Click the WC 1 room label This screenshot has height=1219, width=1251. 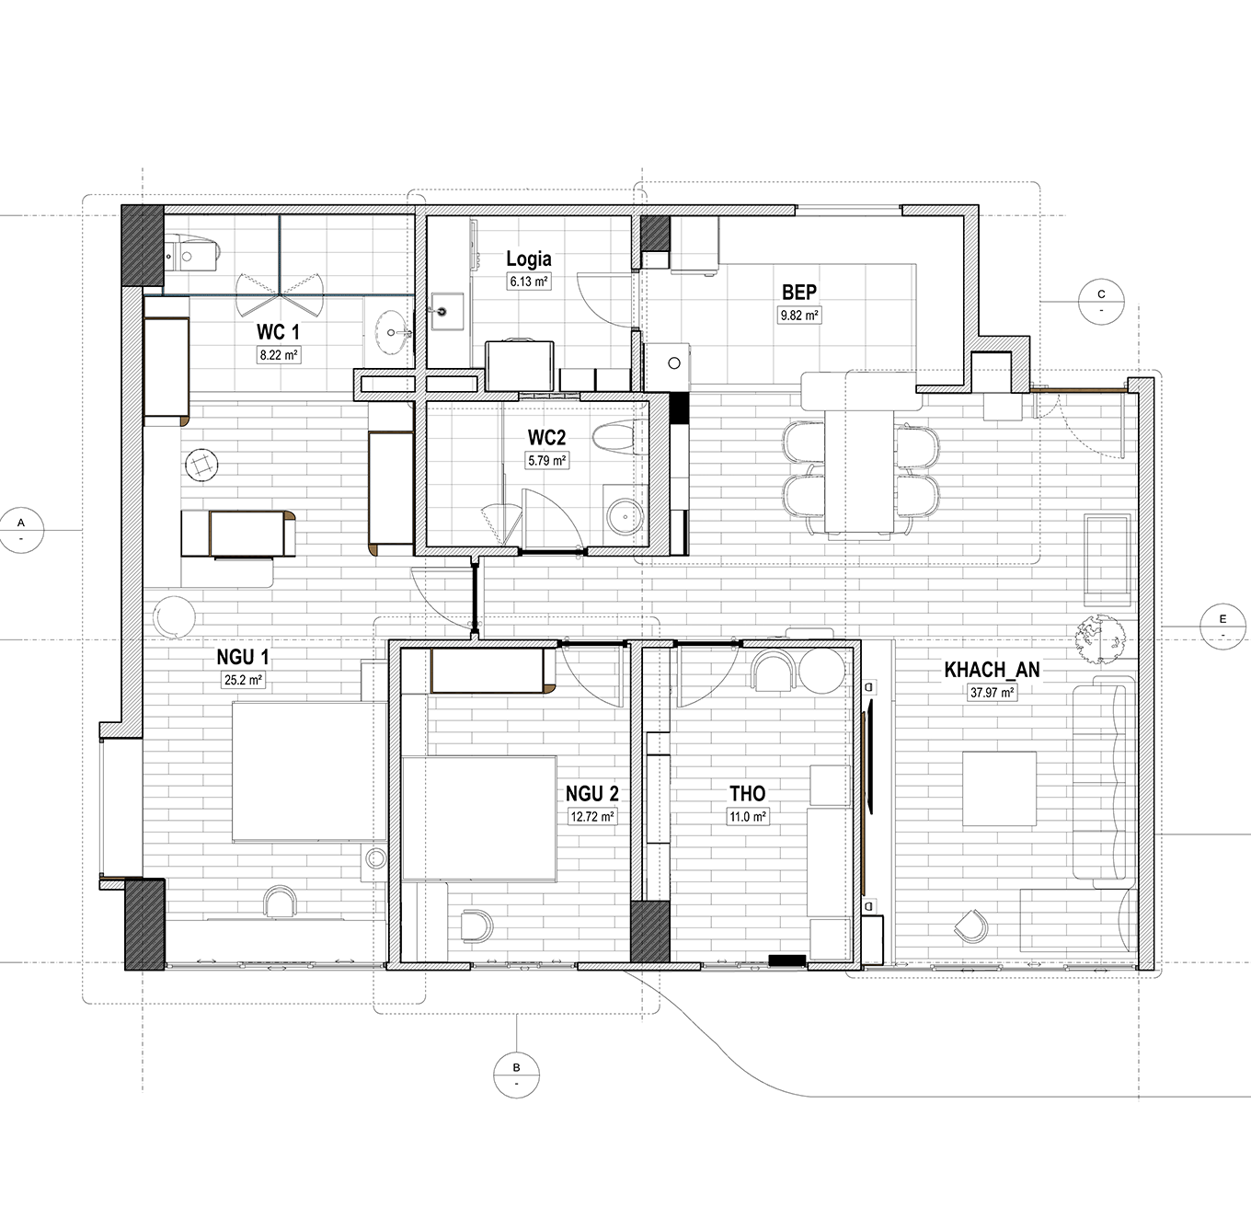coord(278,332)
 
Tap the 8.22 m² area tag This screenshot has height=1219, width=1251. coord(279,355)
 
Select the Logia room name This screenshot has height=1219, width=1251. coord(528,259)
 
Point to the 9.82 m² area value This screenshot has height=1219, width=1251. coord(799,316)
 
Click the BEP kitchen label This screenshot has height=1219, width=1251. coord(799,293)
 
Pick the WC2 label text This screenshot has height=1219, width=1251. coord(546,438)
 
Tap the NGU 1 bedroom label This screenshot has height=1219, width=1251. coord(242,657)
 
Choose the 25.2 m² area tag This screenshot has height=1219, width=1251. coord(243,680)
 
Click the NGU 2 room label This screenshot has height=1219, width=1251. coord(592,794)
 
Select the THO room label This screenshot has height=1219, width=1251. coord(747,793)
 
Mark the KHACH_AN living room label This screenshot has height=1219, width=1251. coord(992,670)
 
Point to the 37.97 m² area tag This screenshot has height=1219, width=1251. coord(993,693)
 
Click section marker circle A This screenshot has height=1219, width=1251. coord(21,531)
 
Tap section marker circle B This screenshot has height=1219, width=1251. coord(516,1075)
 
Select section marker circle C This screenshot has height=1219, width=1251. coord(1101,302)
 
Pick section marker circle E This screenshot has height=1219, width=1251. coord(1222,627)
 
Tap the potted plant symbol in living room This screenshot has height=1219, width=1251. coord(1100,638)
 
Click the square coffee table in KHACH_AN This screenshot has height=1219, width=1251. coord(999,788)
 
